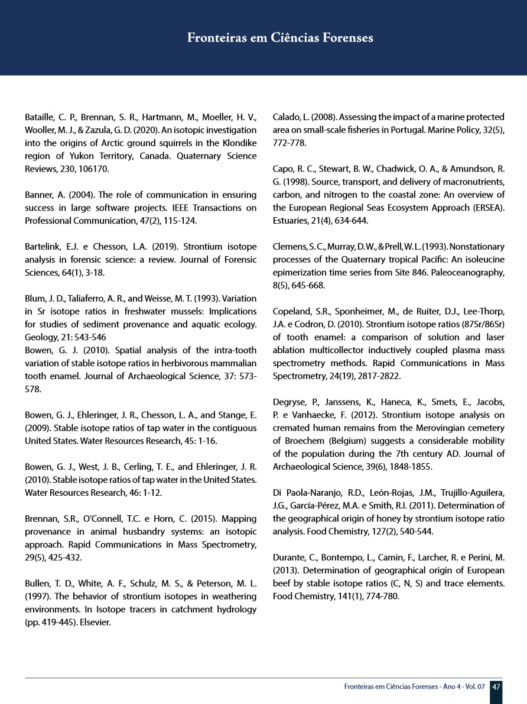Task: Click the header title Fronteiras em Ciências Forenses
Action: pos(280,38)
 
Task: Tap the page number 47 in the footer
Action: pos(496,687)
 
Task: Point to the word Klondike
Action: pos(236,143)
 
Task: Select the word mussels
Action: pos(159,311)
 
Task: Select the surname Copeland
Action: pos(294,311)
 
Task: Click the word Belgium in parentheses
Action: pos(343,441)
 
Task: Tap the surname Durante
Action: pos(291,557)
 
